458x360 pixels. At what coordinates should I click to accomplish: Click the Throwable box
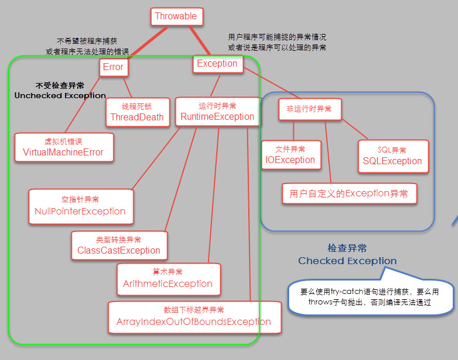[x=176, y=16]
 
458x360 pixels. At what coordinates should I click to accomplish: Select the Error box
[x=113, y=67]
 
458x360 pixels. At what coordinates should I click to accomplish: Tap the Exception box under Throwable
[x=217, y=64]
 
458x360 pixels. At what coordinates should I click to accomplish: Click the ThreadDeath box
[x=137, y=112]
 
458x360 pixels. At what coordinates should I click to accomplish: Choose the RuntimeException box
[x=217, y=112]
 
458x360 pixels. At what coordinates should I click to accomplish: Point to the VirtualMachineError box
[x=63, y=147]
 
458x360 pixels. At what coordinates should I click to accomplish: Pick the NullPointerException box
[x=80, y=206]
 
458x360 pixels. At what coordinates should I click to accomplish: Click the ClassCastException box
[x=119, y=245]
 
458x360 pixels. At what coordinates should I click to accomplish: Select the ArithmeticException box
[x=168, y=279]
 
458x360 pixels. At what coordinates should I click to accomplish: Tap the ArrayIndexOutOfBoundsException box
[x=193, y=317]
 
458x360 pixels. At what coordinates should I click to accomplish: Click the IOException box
[x=290, y=155]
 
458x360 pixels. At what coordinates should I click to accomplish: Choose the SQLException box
[x=393, y=156]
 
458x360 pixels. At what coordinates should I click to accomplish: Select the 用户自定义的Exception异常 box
[x=349, y=193]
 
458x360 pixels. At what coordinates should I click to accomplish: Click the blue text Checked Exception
[x=347, y=261]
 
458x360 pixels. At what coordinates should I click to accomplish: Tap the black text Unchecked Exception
[x=60, y=95]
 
